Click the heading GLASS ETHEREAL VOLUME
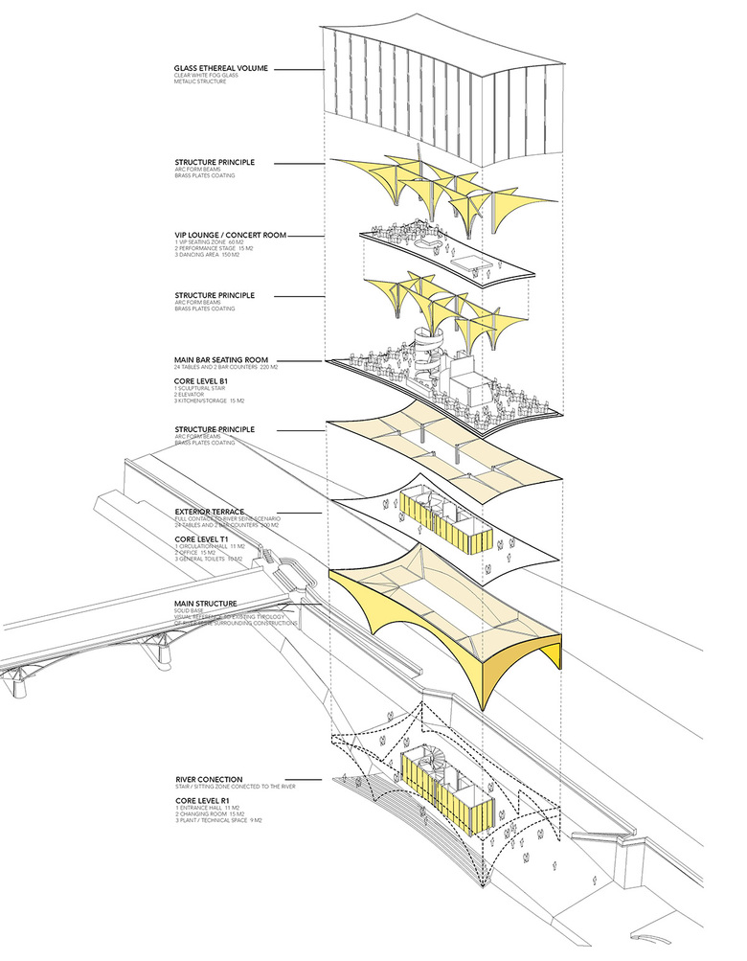click(221, 69)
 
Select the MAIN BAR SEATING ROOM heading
click(226, 360)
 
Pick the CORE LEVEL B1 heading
click(203, 378)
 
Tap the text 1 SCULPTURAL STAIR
click(199, 387)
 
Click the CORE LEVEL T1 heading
click(203, 539)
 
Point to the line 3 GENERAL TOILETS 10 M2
click(213, 561)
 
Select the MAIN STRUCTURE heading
click(206, 604)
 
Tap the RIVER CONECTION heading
click(209, 780)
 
